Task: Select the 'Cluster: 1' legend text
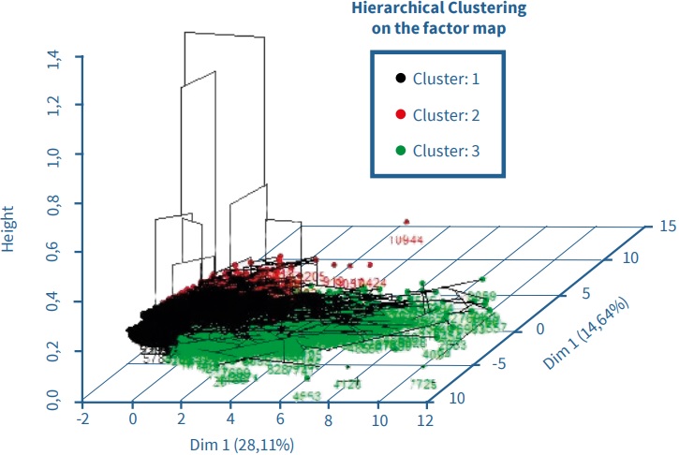click(446, 80)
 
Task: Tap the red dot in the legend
click(400, 114)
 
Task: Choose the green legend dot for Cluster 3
click(400, 150)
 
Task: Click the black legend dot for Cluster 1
click(400, 80)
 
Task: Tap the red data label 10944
click(406, 239)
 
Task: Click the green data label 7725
click(423, 385)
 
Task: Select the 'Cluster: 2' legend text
click(446, 114)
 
